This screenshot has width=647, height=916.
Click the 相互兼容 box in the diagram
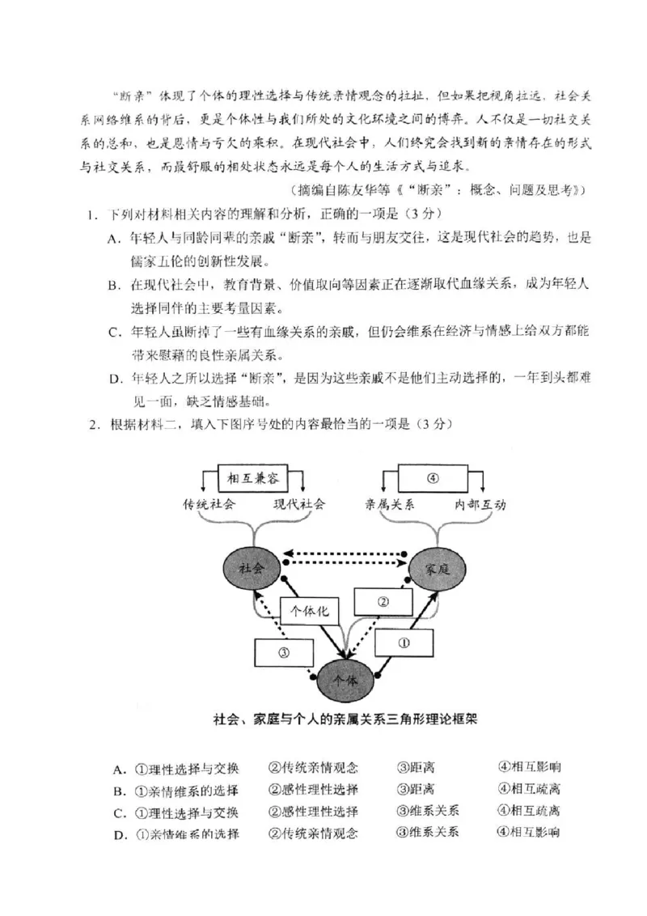tap(252, 478)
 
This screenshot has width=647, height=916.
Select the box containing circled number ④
tap(433, 477)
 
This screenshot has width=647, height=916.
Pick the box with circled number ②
tap(383, 602)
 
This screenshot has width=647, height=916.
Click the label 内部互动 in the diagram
tap(480, 504)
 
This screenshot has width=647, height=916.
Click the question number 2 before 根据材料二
tap(93, 423)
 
